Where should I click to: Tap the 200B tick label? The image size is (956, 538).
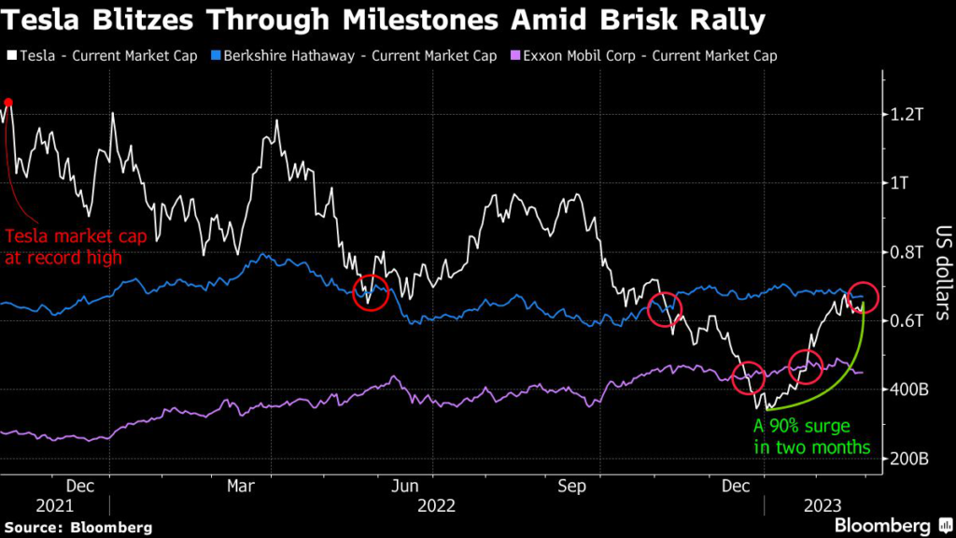point(907,459)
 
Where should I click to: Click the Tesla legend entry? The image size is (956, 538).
point(103,56)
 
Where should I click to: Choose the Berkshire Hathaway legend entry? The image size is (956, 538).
point(356,56)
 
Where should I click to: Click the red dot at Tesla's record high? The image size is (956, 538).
point(8,103)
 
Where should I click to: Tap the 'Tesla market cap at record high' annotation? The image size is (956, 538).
point(63,247)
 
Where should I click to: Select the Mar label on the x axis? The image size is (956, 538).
point(242,486)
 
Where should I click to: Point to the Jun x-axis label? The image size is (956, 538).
point(404,486)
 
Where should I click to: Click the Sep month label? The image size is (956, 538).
point(571,486)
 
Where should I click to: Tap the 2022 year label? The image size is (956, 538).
point(436,506)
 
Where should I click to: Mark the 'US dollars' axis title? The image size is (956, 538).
point(941,271)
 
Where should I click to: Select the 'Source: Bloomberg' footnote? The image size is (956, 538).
point(78,527)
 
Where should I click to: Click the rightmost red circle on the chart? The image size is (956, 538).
point(864,297)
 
